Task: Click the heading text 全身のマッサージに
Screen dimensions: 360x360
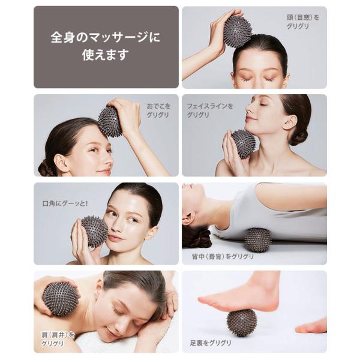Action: tap(106, 37)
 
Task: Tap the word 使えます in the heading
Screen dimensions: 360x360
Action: tap(106, 55)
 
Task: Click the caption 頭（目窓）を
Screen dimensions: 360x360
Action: tap(303, 17)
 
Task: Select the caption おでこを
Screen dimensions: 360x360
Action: tap(159, 106)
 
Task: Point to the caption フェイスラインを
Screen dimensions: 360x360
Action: tap(210, 106)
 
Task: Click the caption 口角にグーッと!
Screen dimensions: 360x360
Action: tap(65, 203)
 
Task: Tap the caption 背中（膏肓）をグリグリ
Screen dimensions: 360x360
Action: tap(223, 256)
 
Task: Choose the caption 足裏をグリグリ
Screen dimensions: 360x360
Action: tap(211, 343)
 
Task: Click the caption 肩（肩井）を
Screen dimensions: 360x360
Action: tap(58, 335)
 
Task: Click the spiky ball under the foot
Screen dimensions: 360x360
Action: tap(241, 323)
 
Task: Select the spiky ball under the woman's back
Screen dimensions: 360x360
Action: tap(257, 240)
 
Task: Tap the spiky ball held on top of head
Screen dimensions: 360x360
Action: tap(238, 31)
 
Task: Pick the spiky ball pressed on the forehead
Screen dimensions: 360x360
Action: tap(110, 121)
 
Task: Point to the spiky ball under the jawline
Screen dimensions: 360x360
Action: tap(244, 144)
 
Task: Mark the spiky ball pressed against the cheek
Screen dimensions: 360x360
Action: tap(95, 232)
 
